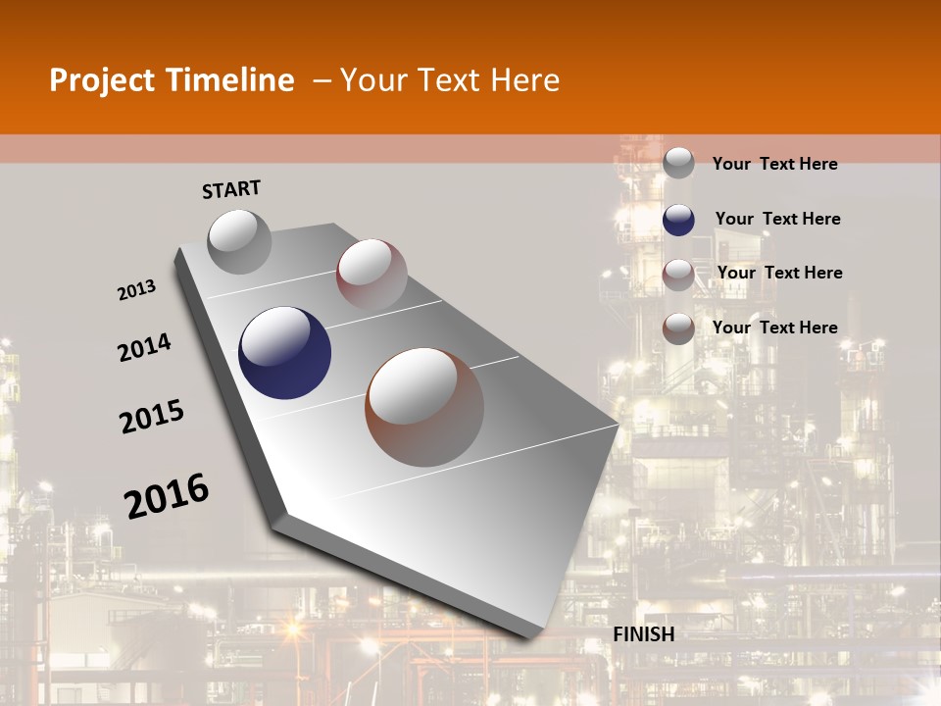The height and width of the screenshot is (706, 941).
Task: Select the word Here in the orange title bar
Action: point(525,80)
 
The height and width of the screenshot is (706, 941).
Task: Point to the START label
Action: point(231,189)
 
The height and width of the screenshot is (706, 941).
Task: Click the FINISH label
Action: point(644,634)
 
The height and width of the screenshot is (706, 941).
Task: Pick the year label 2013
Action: point(137,290)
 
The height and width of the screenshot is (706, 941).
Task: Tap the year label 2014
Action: point(145,347)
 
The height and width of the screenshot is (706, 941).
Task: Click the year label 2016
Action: point(167,495)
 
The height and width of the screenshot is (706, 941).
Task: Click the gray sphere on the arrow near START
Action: point(239,241)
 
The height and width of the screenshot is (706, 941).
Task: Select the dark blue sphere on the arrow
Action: point(285,353)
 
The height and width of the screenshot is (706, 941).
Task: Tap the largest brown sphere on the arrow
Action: point(424,407)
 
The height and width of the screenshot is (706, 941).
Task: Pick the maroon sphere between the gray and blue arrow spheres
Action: point(371,274)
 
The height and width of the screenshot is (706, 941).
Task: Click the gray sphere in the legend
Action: point(678,163)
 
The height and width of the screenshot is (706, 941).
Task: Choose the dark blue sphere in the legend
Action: point(678,220)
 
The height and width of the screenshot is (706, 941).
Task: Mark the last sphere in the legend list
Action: point(678,328)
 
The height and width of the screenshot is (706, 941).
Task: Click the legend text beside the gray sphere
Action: point(774,164)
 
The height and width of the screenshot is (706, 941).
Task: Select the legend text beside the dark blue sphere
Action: point(777,219)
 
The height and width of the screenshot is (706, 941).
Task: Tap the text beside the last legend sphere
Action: point(774,328)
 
